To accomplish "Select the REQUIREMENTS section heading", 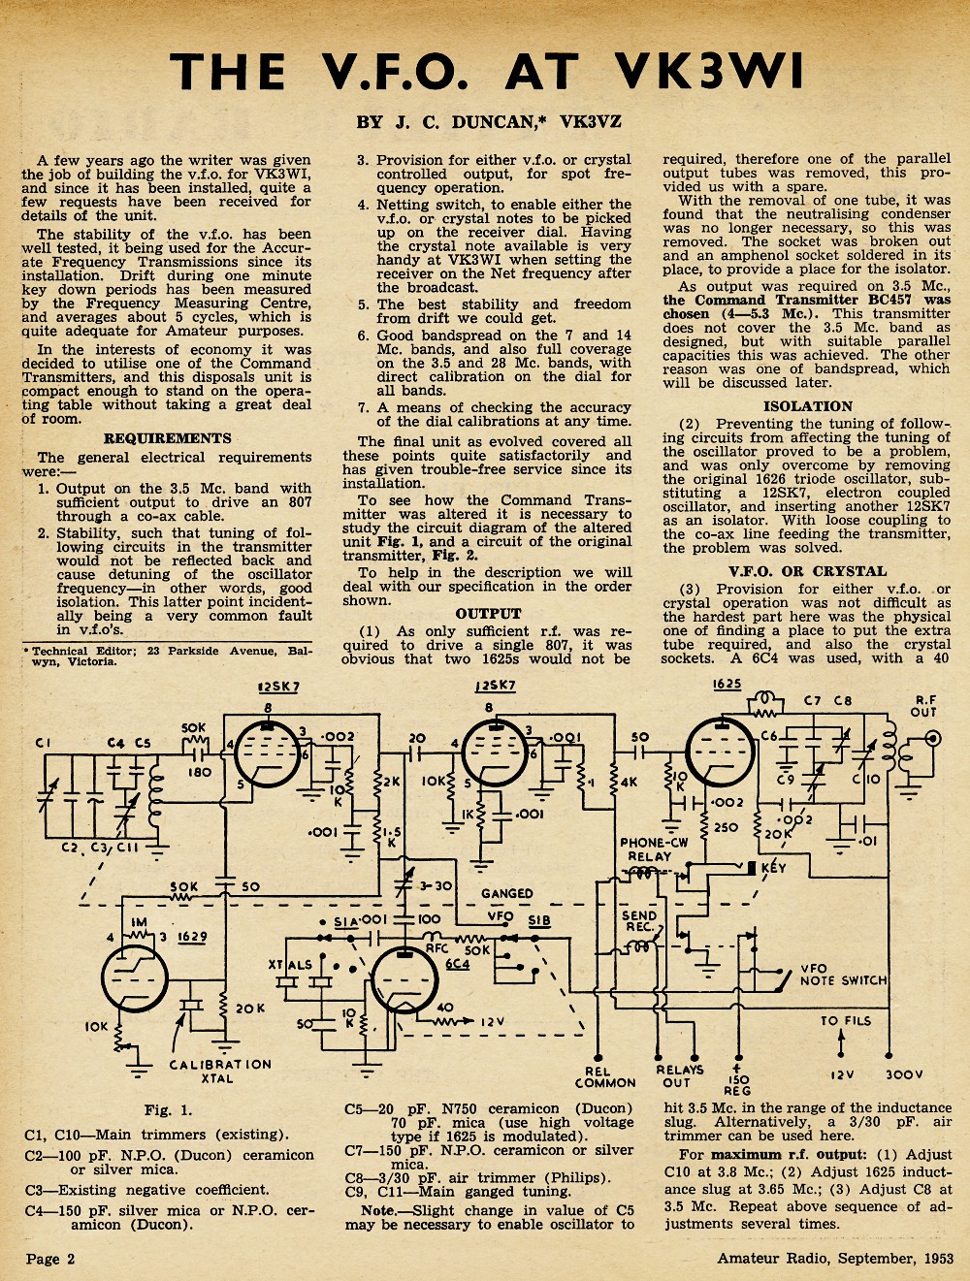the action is (x=168, y=438).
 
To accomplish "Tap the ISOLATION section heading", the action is (x=808, y=406).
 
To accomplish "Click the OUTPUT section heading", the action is (x=489, y=614).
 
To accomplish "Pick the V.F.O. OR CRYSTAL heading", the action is (x=808, y=571).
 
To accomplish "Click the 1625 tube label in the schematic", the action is (x=727, y=684).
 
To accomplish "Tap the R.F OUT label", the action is (x=926, y=706).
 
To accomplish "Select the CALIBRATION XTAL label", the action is (x=219, y=1072).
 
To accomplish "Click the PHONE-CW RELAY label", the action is (x=654, y=849).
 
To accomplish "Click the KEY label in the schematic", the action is (x=774, y=868).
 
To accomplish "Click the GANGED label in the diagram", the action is (x=507, y=893).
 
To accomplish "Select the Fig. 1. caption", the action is (x=168, y=1110).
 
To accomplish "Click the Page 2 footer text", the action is (x=50, y=1259).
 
